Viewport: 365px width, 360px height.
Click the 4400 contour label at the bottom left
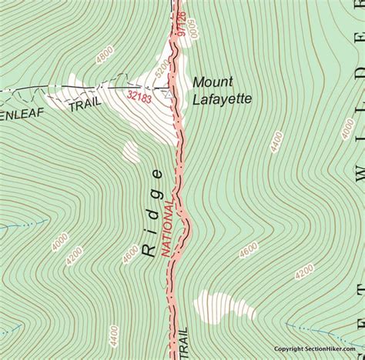pyautogui.click(x=114, y=335)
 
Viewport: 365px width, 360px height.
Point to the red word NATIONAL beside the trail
pyautogui.click(x=165, y=228)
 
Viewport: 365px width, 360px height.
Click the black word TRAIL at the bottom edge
pyautogui.click(x=183, y=341)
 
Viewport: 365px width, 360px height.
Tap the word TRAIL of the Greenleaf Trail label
pyautogui.click(x=85, y=106)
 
